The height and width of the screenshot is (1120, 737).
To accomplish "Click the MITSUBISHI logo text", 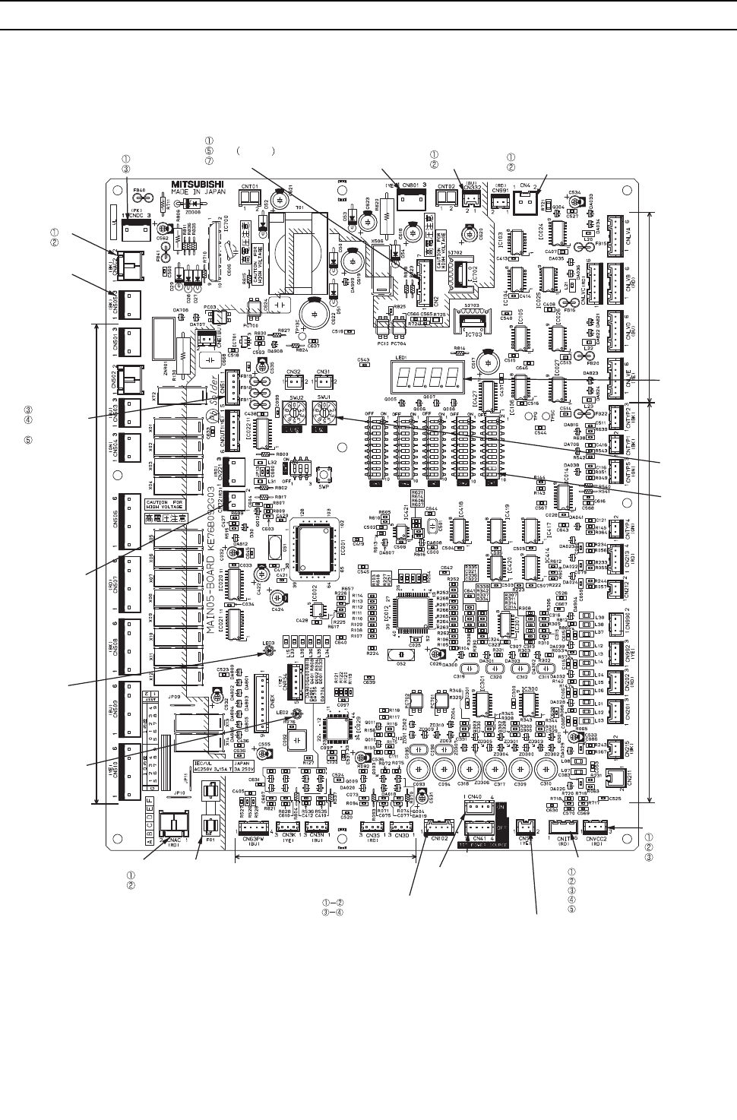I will click(187, 183).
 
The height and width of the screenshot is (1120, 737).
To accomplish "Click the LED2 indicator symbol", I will click(297, 713).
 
